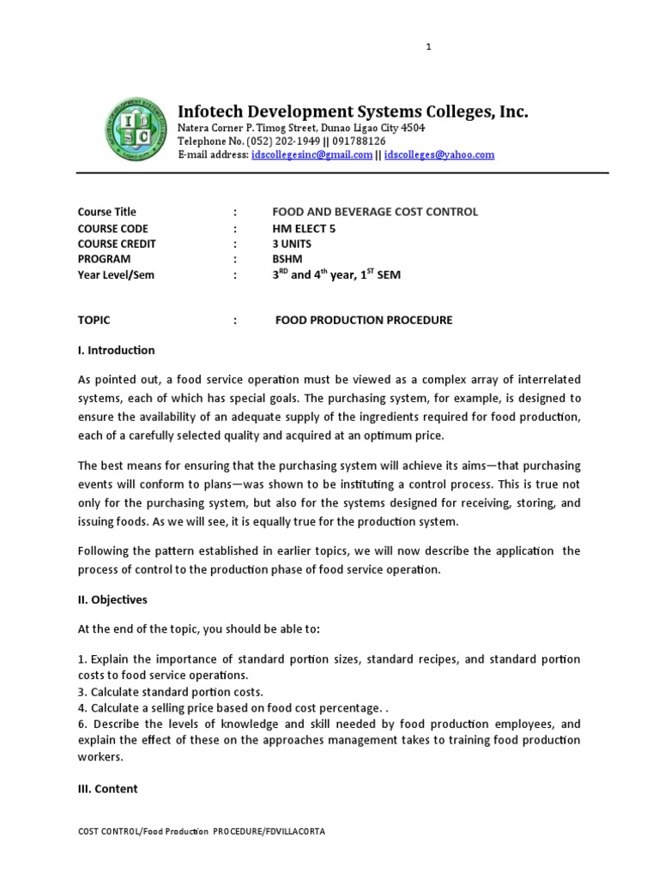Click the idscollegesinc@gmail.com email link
pos(312,155)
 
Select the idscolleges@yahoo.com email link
pos(440,155)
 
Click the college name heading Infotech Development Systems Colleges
pos(353,111)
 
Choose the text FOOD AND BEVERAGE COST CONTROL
pos(375,212)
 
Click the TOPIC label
pos(94,321)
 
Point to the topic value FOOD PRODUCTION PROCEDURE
pos(363,321)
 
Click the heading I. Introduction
pos(117,350)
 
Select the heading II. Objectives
pos(112,599)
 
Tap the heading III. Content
pos(107,789)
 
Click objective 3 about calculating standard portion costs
pos(170,692)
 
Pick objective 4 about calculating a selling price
pos(229,707)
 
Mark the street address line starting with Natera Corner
pos(300,128)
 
